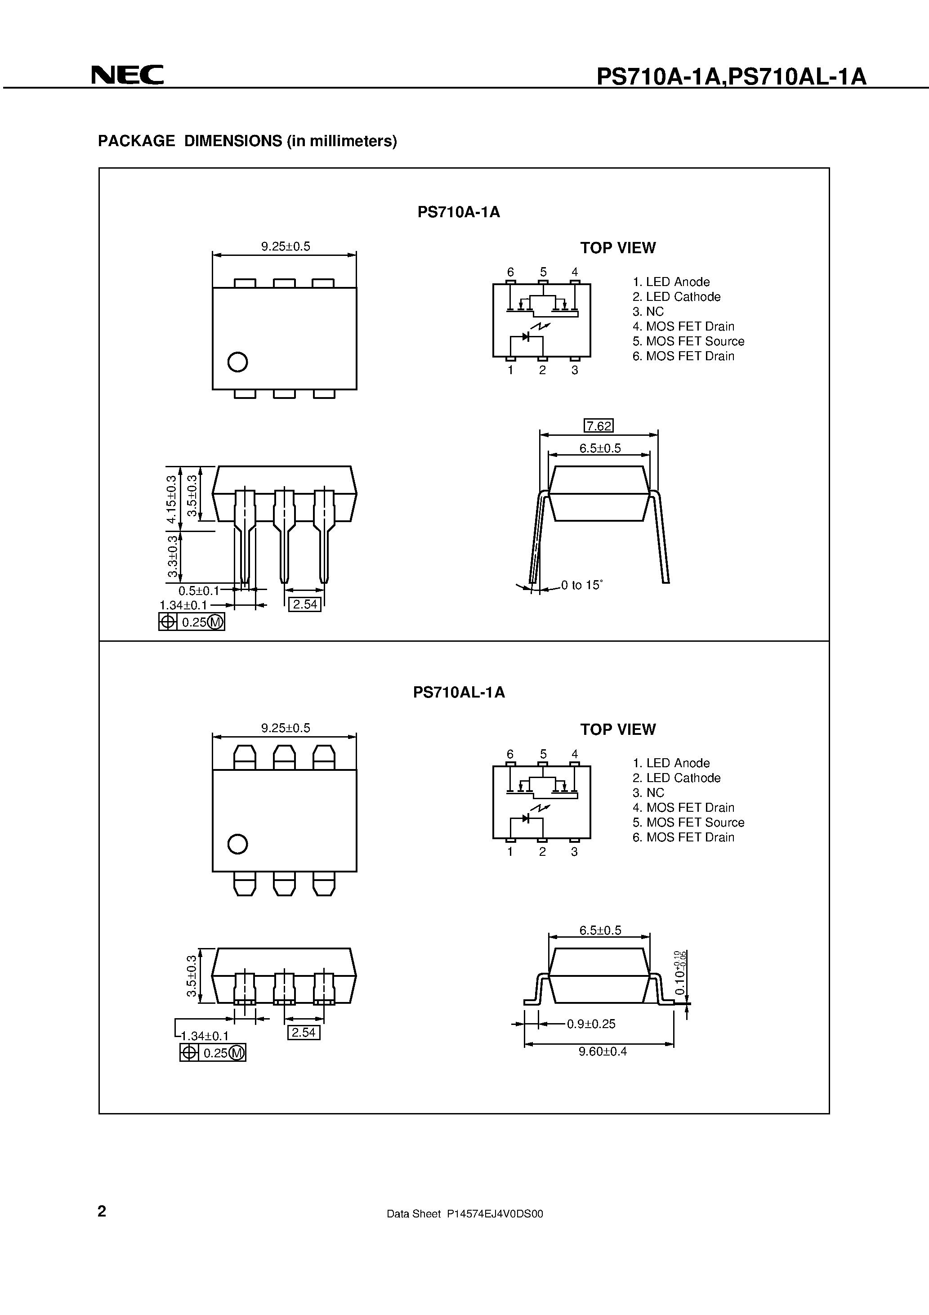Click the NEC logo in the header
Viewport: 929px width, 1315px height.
pos(127,75)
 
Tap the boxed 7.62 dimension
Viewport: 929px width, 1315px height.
pos(598,426)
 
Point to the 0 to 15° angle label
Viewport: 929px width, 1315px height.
pos(581,585)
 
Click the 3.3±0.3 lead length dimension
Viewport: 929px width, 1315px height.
pos(172,557)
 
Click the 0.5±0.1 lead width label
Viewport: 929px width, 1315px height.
pos(198,590)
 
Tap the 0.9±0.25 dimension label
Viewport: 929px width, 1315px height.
pos(591,1024)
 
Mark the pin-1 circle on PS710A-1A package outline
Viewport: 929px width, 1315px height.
pos(237,362)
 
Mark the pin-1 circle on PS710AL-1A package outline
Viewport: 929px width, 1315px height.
pos(237,844)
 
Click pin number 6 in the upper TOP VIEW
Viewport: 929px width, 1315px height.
pos(510,272)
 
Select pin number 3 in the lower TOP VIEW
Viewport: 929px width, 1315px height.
pos(575,852)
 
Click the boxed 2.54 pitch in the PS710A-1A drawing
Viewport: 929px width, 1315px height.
pos(304,604)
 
